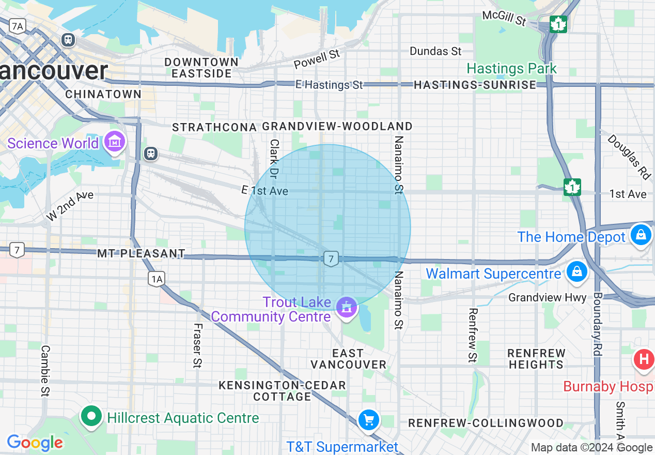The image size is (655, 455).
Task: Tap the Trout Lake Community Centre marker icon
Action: click(x=347, y=307)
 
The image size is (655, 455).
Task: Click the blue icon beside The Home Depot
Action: click(x=641, y=235)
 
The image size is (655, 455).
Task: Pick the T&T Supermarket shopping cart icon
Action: click(x=369, y=420)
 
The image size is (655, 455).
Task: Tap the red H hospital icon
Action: click(x=644, y=359)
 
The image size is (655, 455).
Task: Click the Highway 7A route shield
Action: click(x=18, y=26)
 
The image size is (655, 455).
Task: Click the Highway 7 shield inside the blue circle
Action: click(x=331, y=259)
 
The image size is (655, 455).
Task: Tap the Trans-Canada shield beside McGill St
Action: click(x=558, y=24)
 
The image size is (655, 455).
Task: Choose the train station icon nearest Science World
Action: click(x=151, y=153)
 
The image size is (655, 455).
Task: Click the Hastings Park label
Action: click(x=511, y=68)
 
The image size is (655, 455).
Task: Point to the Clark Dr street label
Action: click(x=274, y=159)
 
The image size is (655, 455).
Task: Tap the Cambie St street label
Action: click(x=45, y=371)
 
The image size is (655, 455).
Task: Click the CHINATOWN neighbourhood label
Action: click(x=103, y=94)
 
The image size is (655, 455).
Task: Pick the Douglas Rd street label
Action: click(x=629, y=157)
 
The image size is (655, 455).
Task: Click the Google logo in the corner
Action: click(x=35, y=443)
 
